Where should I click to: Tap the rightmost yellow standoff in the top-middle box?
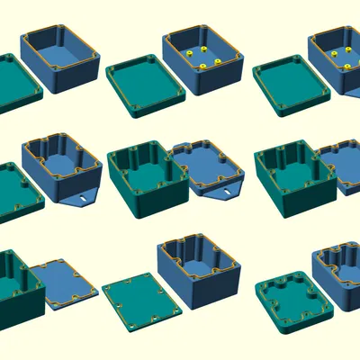[x=218, y=62]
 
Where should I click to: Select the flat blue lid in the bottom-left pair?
[x=64, y=283]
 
